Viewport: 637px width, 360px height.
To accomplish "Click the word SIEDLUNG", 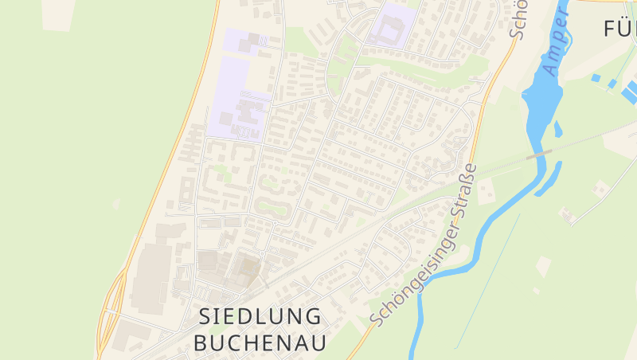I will coord(260,316).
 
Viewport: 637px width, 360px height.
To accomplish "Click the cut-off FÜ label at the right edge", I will coord(619,29).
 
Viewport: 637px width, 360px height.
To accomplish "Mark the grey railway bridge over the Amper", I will coord(539,155).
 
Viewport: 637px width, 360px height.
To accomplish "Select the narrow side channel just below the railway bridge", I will coord(550,180).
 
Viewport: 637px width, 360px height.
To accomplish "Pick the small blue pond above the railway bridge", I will coord(557,127).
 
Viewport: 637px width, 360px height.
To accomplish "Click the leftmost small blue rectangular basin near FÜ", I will coord(596,78).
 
